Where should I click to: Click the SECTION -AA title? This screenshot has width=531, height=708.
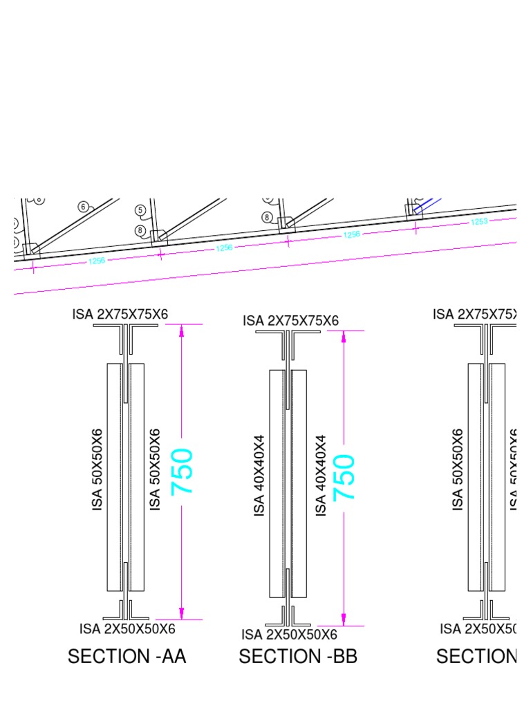click(127, 656)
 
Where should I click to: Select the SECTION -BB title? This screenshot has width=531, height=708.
click(298, 656)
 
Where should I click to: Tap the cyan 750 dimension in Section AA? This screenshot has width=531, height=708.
click(183, 472)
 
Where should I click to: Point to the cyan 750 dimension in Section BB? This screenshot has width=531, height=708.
click(344, 478)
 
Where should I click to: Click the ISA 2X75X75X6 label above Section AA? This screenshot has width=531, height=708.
click(120, 315)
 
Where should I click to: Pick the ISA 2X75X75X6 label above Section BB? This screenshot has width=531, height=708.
click(290, 321)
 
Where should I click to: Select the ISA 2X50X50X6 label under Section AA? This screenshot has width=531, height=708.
click(127, 628)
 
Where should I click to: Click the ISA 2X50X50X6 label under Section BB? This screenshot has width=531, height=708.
click(289, 635)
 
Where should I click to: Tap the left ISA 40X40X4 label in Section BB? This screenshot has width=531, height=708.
click(260, 475)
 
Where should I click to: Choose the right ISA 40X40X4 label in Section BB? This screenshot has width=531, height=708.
click(321, 475)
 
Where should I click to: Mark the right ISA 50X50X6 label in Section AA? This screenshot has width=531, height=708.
click(156, 469)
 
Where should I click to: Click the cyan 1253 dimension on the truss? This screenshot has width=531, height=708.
click(479, 222)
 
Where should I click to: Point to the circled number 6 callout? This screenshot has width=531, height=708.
click(84, 207)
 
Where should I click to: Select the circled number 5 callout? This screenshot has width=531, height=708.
click(140, 210)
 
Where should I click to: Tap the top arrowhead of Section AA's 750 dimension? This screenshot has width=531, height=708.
click(182, 330)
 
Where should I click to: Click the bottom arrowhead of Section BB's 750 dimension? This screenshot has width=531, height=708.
click(344, 620)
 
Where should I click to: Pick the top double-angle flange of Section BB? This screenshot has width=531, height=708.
click(288, 333)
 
